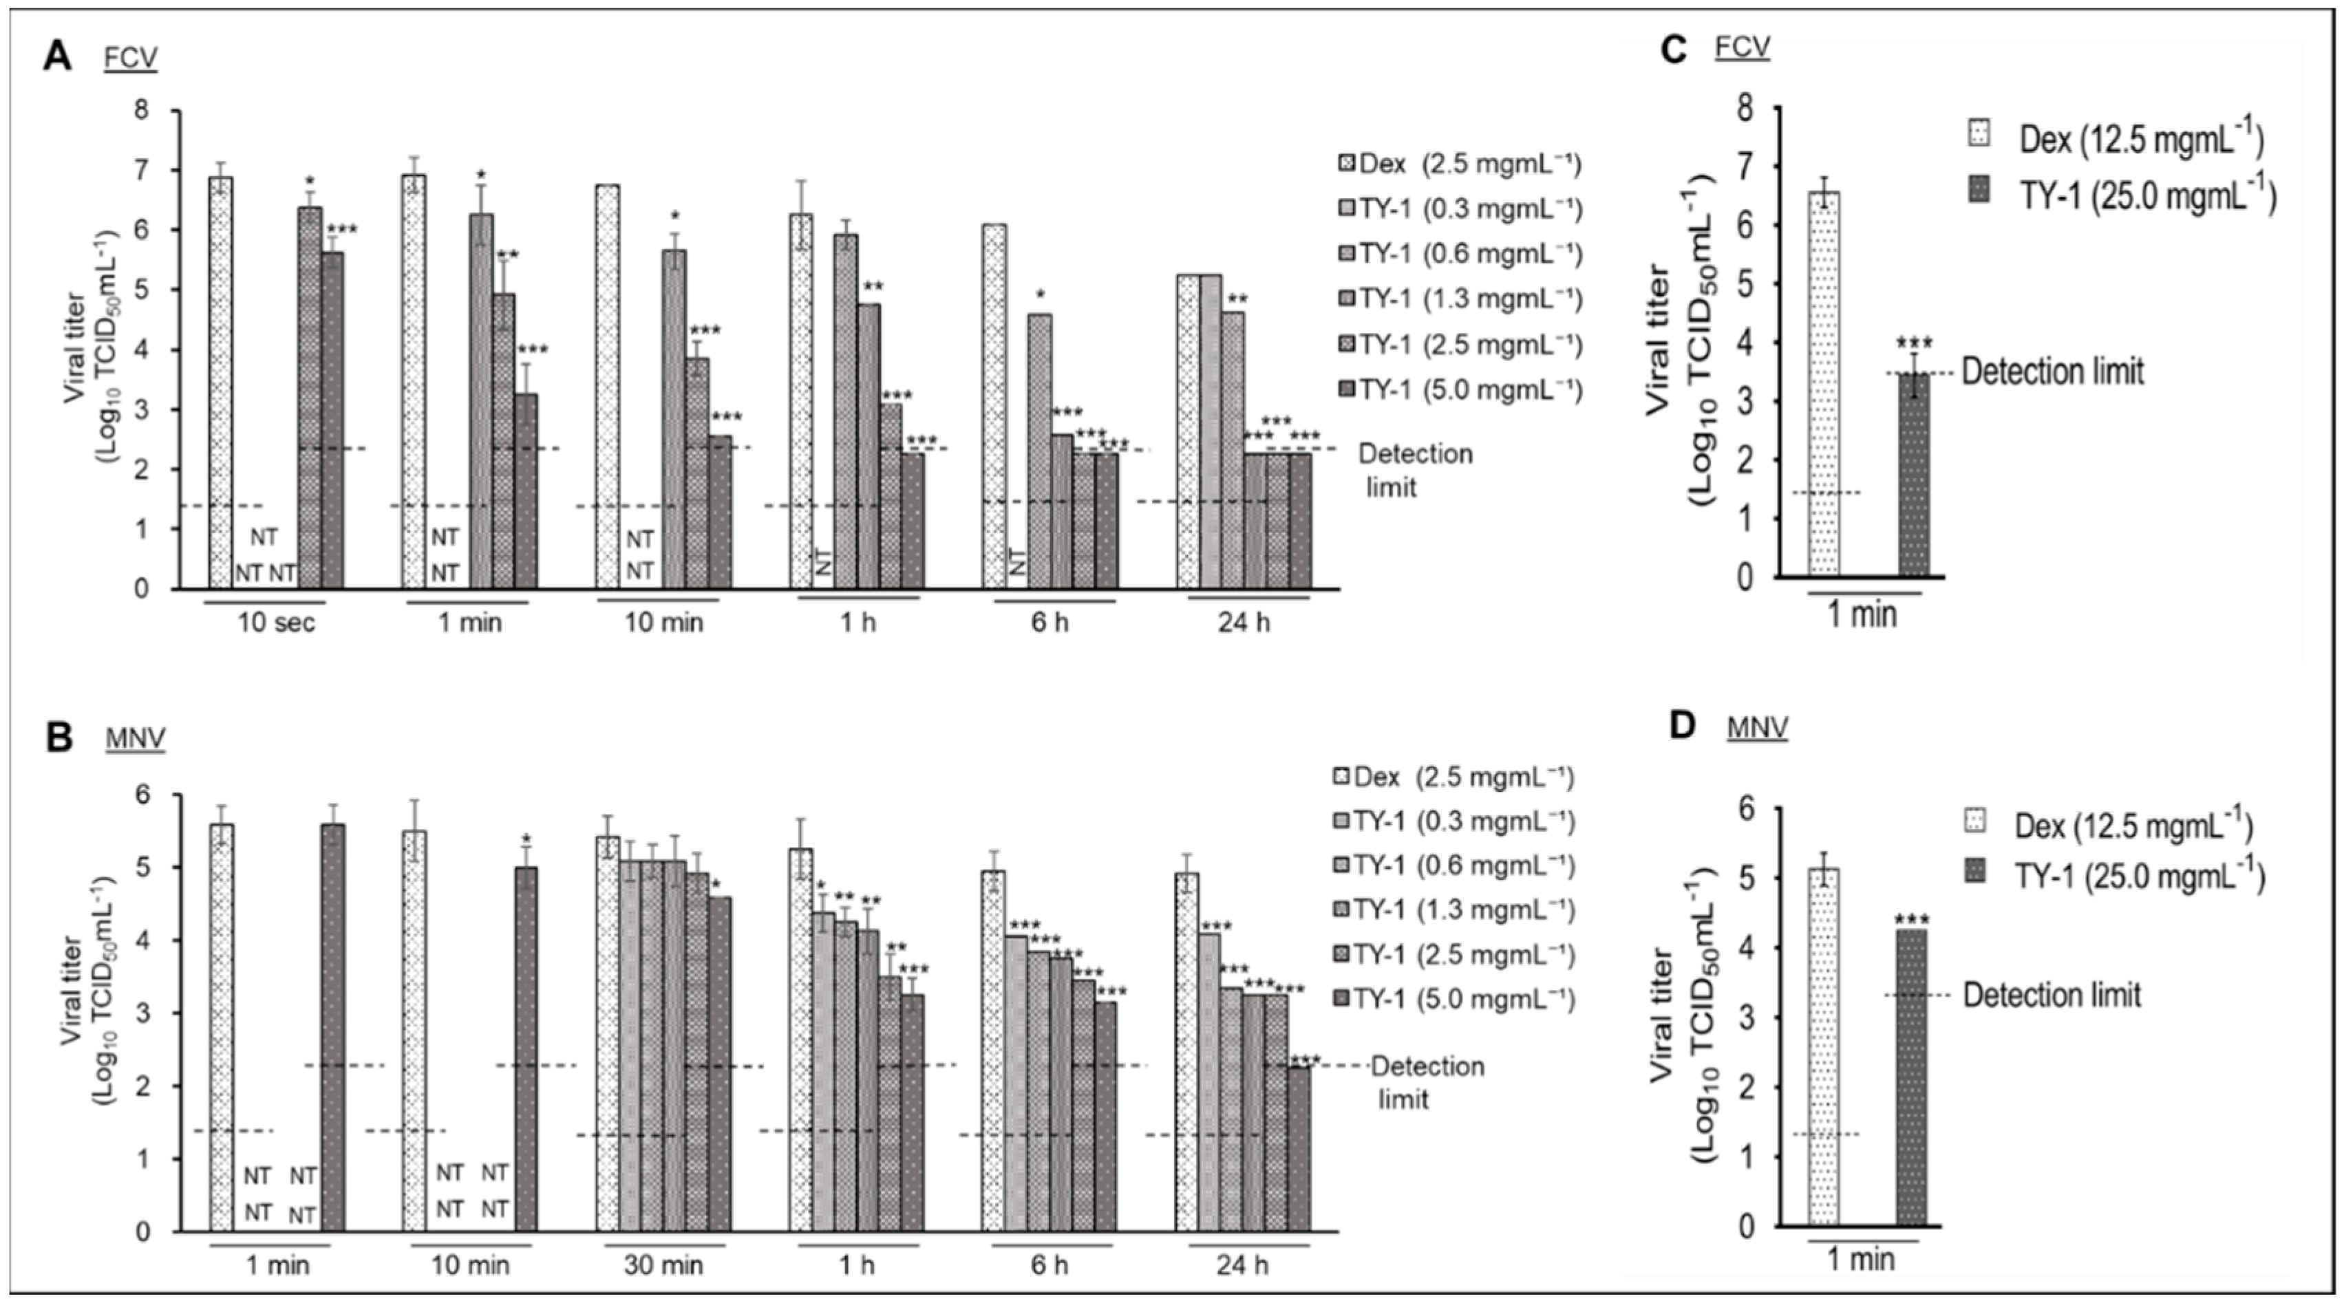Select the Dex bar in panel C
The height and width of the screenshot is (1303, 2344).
1824,383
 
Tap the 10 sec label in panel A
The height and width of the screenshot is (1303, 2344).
277,623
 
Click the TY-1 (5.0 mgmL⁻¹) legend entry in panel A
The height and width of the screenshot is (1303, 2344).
1460,389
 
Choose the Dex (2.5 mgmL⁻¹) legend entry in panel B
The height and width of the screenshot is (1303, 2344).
1452,777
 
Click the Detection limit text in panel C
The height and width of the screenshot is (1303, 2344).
2052,371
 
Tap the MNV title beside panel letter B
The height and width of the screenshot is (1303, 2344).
136,739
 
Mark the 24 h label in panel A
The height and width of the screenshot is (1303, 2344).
1244,623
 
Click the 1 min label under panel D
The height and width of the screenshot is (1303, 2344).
1862,1260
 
